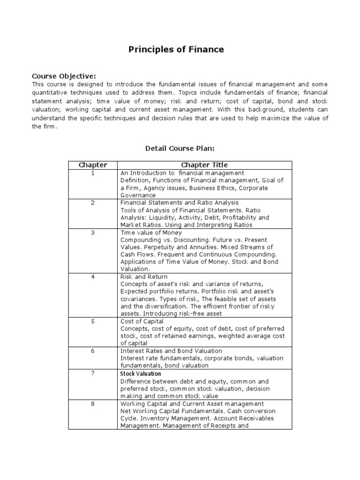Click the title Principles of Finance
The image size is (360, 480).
click(x=176, y=49)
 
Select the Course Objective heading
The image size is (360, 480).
click(x=63, y=76)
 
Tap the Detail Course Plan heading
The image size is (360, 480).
click(x=180, y=148)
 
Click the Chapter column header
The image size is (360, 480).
click(x=93, y=165)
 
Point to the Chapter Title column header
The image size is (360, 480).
click(x=204, y=165)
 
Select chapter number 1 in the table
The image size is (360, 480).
click(x=93, y=173)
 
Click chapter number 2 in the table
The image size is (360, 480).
click(x=93, y=202)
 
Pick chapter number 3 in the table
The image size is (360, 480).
click(x=93, y=232)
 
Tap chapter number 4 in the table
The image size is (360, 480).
click(x=93, y=277)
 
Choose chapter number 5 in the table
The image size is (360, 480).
click(x=93, y=321)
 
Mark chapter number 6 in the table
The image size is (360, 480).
click(x=93, y=351)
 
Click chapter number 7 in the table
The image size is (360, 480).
click(x=93, y=374)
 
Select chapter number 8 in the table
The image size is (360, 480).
click(x=93, y=404)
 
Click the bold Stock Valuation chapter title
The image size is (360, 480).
click(x=141, y=374)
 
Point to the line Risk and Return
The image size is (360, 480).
click(x=143, y=277)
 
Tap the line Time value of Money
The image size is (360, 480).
click(x=151, y=232)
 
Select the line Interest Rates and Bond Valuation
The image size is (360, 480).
click(x=171, y=351)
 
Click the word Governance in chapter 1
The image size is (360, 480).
click(x=138, y=195)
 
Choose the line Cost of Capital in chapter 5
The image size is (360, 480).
click(x=142, y=321)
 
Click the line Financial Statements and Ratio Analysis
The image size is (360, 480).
click(x=180, y=202)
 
